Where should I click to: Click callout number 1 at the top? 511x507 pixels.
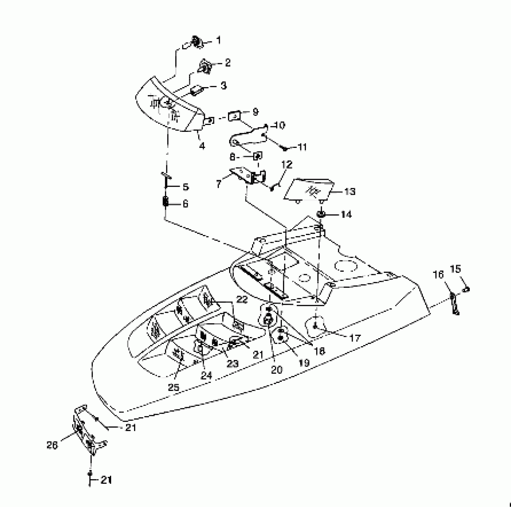point(219,40)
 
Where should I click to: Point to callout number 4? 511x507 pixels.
point(202,146)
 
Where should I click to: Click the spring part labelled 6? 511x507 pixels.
point(166,202)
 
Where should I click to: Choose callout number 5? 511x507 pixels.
point(185,187)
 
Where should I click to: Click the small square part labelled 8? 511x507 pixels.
point(258,156)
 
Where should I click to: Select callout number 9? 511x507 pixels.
point(255,112)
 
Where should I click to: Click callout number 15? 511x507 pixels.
point(456,269)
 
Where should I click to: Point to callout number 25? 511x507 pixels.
point(173,387)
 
